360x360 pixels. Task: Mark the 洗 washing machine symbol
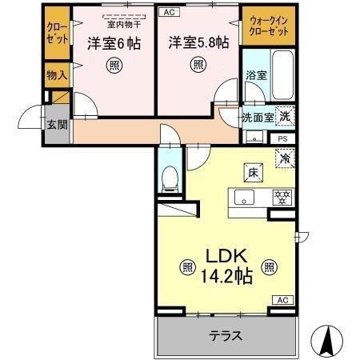[284, 115]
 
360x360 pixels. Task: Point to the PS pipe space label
[282, 138]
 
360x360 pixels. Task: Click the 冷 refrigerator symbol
[282, 159]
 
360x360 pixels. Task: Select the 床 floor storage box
[250, 170]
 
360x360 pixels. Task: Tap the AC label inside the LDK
[282, 299]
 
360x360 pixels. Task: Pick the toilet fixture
[170, 178]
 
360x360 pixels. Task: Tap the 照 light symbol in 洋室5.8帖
[195, 67]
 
